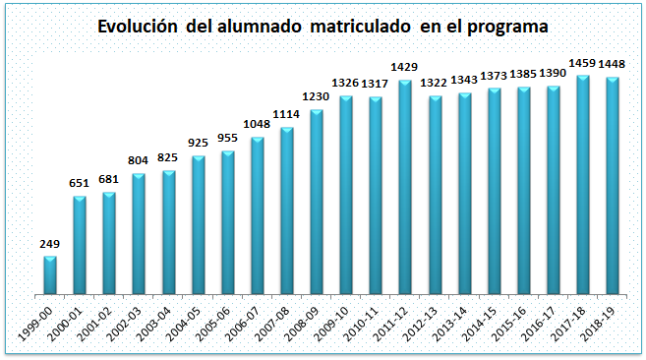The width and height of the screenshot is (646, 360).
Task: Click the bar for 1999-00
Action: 50,275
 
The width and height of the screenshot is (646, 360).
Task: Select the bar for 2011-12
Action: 405,187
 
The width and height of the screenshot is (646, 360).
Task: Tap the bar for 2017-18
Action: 582,185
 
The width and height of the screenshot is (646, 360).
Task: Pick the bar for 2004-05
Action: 199,225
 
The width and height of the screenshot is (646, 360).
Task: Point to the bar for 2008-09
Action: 317,202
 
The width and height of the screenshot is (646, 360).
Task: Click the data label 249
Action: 50,244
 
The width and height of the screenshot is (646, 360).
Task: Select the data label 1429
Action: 404,67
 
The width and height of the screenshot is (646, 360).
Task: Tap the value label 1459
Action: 582,63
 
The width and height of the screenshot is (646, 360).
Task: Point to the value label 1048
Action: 257,124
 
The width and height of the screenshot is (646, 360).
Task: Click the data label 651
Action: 79,183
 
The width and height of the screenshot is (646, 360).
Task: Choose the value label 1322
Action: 434,83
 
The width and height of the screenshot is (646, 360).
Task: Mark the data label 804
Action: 138,160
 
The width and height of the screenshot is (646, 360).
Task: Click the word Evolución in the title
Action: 138,27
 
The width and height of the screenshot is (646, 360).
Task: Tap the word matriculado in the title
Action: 360,27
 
